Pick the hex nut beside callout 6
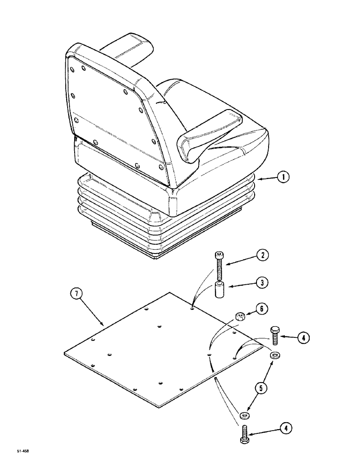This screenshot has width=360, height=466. pos(240,317)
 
